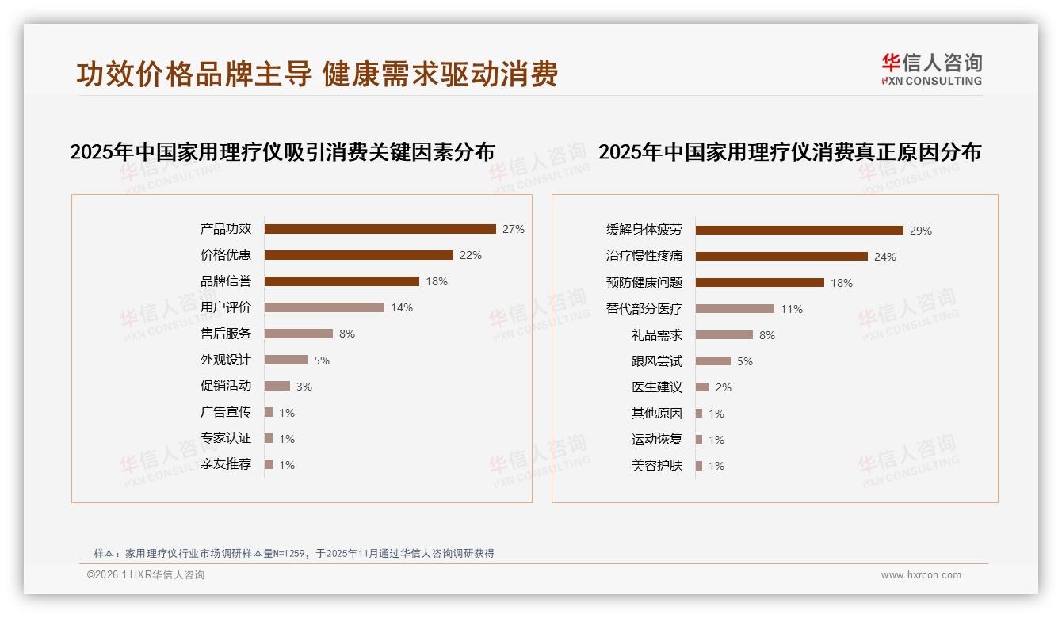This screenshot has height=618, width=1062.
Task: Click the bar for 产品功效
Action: [x=380, y=229]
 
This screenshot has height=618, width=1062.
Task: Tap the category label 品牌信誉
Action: [x=226, y=281]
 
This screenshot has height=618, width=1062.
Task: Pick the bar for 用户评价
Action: [x=324, y=307]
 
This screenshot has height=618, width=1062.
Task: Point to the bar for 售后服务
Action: [x=298, y=334]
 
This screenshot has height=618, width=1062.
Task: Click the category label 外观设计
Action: [x=226, y=360]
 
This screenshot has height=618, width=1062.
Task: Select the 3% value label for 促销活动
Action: [x=304, y=387]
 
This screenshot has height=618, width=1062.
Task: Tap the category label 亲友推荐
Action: [x=226, y=464]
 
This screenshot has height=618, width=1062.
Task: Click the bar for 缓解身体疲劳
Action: [x=799, y=231]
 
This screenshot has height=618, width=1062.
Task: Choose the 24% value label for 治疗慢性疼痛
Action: [x=885, y=257]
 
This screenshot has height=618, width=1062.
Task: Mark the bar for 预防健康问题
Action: [x=759, y=283]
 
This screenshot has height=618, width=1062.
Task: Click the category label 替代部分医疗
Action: [x=644, y=309]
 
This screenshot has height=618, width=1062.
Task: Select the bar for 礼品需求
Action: [x=724, y=335]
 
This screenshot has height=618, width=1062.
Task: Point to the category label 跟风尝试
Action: [x=657, y=361]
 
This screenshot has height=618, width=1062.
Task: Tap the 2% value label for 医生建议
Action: [x=724, y=387]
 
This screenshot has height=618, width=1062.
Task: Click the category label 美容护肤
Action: [x=657, y=466]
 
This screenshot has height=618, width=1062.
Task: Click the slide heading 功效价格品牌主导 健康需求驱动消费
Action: [x=317, y=74]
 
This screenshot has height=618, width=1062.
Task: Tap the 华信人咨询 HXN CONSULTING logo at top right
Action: [x=931, y=70]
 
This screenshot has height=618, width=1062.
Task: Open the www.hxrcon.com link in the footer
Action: [x=921, y=575]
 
